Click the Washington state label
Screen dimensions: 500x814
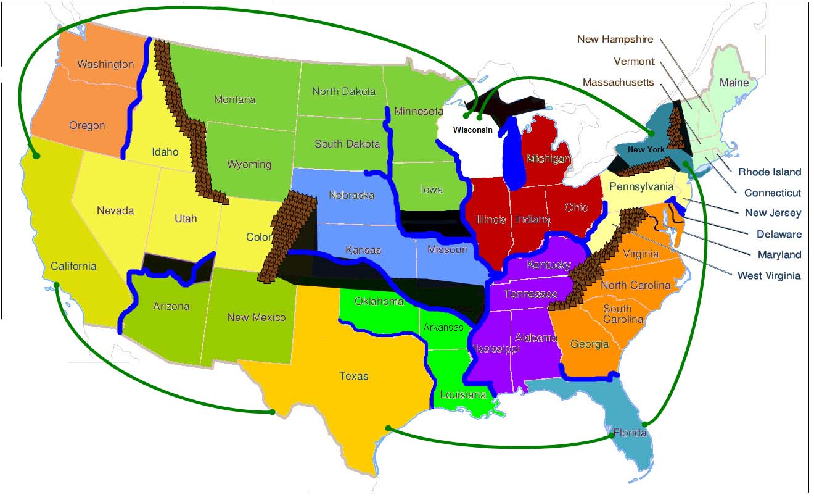105,64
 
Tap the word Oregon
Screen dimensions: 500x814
87,125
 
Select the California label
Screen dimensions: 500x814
73,266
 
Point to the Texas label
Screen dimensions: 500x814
354,375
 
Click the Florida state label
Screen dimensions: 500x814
630,433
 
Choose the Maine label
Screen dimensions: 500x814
734,83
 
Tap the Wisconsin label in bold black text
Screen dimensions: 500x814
473,130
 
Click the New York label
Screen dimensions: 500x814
646,149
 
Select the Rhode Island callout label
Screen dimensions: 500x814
770,172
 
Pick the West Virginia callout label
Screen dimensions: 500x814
769,275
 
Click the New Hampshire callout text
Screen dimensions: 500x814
615,39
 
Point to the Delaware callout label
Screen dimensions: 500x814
779,234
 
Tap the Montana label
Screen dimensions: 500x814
234,99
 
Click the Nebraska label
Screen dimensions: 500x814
351,195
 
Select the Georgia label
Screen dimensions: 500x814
590,344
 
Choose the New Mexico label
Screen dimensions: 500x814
256,317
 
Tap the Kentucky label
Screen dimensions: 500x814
548,265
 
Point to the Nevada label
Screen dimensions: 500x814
115,210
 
